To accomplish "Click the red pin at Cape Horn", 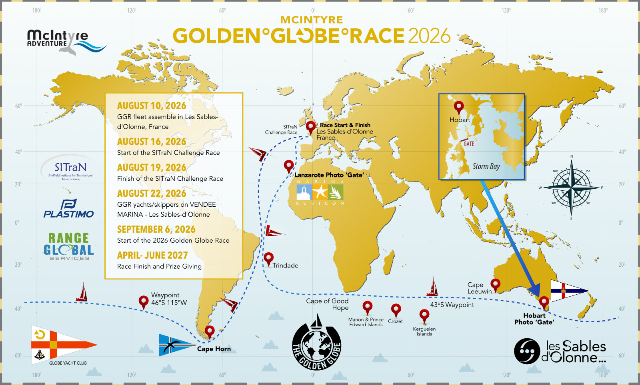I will point(210,331).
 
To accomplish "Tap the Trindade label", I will point(285,265).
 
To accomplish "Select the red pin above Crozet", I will point(396,309).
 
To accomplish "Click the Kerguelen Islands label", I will point(424,331).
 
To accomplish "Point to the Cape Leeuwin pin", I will point(495,284).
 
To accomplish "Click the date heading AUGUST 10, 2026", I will point(152,106).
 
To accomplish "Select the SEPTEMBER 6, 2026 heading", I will point(156,229).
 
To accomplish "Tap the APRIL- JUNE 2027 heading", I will point(152,255).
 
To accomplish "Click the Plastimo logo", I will point(68,209).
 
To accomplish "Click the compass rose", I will point(571,187).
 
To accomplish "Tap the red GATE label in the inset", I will point(469,144).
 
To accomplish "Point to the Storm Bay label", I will point(486,166).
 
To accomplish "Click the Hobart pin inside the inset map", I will point(459,107).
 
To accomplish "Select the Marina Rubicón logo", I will point(320,192).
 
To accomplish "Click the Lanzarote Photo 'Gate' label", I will point(329,175).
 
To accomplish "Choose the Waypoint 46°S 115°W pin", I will point(143,301).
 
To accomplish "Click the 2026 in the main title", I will point(429,36).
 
